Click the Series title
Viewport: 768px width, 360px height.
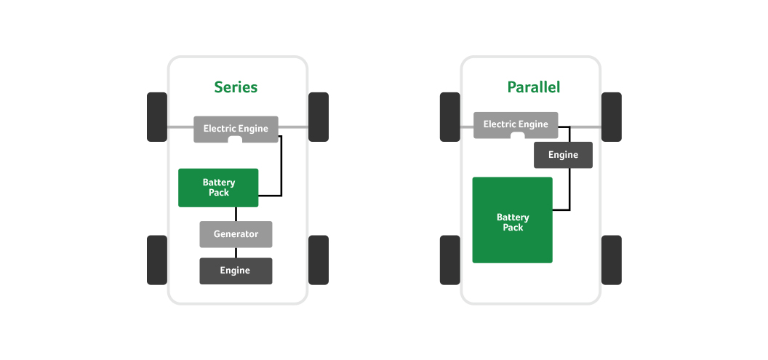(236, 87)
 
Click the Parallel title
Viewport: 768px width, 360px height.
(533, 87)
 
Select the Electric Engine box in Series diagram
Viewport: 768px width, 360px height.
(236, 129)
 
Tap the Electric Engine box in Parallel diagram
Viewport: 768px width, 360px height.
(516, 124)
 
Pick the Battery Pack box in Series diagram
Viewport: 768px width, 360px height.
(218, 188)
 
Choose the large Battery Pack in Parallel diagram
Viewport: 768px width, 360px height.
(512, 220)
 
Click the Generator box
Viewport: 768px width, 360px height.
(236, 234)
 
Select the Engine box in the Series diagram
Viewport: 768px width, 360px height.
(236, 271)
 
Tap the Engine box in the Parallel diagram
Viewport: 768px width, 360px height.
(563, 155)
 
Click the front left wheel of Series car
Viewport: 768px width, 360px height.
(157, 117)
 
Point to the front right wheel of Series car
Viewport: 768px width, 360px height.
(319, 117)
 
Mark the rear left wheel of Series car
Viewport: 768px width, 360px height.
(157, 260)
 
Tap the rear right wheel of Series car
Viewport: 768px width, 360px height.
(319, 260)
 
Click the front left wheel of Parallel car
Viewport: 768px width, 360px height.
(450, 117)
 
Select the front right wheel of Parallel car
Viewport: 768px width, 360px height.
(611, 117)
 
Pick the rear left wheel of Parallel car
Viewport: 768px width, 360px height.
(450, 260)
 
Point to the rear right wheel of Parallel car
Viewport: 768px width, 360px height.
(611, 260)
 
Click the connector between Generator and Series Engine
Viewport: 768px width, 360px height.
(236, 253)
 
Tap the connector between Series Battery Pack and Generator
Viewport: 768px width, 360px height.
(236, 214)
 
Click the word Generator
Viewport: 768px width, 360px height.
(236, 234)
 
